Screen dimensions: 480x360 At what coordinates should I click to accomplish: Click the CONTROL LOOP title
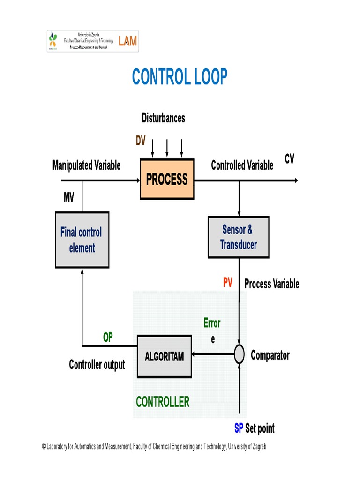point(180,77)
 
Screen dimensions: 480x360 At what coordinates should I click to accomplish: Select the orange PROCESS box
point(167,179)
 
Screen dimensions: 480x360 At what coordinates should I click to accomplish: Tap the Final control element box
point(82,240)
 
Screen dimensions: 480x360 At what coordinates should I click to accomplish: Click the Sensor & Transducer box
point(238,237)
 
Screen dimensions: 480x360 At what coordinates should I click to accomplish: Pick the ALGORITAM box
point(164,357)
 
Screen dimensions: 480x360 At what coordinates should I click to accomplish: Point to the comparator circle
point(239,355)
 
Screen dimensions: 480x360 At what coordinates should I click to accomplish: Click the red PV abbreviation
point(227,283)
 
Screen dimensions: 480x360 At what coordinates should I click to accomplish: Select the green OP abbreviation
point(108,337)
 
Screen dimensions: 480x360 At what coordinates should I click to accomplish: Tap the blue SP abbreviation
point(239,428)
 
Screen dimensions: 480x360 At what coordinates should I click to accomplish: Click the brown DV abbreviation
point(141,141)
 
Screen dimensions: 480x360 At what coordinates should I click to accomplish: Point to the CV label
point(289,159)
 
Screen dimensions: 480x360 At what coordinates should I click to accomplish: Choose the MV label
point(69,197)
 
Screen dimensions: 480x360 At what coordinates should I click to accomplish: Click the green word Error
point(212,323)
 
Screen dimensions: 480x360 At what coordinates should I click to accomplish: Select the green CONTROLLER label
point(163,402)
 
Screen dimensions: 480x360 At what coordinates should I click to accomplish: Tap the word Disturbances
point(163,118)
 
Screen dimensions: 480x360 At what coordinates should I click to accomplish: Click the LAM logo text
point(127,41)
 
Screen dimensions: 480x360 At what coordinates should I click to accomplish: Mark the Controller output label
point(97,365)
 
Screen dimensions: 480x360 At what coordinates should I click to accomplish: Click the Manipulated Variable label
point(86,165)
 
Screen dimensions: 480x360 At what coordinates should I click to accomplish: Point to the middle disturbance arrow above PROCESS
point(167,148)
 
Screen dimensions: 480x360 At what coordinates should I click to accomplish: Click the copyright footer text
point(154,447)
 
